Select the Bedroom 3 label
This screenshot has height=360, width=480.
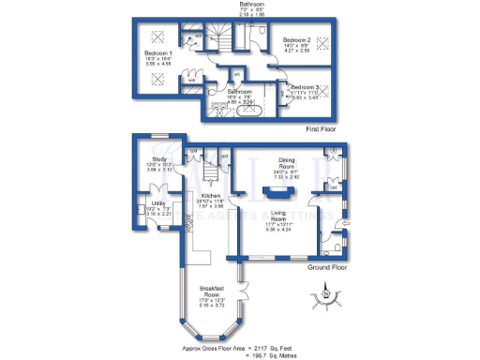click(x=307, y=87)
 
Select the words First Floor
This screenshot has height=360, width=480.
click(x=319, y=128)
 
